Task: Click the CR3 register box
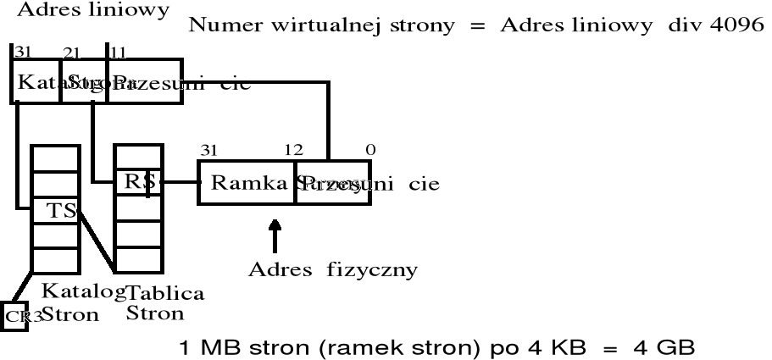(x=14, y=316)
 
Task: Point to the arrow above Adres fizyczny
(x=274, y=237)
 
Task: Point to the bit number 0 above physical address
(x=369, y=151)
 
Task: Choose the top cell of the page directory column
(x=54, y=158)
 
